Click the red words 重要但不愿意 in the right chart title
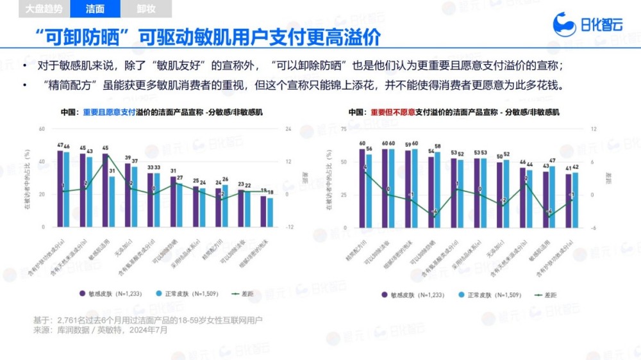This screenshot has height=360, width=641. pos(396,112)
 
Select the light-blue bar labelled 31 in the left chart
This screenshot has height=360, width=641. pos(112,202)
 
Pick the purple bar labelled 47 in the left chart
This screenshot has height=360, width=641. pos(60,189)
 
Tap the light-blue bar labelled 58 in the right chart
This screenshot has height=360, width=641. pos(438,190)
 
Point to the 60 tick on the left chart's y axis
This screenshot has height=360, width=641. pos(42,129)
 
